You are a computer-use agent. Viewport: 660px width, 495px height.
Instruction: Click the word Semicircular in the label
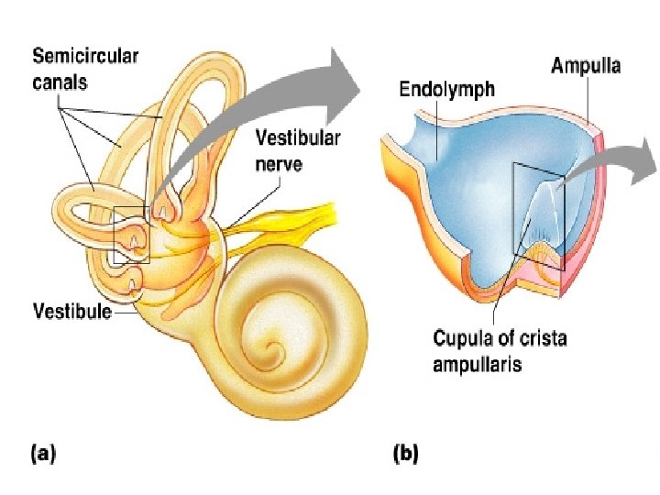[85, 55]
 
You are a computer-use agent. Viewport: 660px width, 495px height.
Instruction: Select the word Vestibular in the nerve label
[297, 139]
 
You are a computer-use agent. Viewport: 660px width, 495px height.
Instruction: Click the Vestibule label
[71, 311]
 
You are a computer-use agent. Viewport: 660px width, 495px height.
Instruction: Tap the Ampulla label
[586, 65]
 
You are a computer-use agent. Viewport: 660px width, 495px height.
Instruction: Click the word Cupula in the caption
[464, 338]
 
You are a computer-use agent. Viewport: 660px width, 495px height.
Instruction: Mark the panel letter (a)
[45, 452]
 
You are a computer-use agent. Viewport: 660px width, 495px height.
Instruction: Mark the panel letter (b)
[405, 452]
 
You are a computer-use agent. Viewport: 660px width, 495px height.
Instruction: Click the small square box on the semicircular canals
[131, 235]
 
